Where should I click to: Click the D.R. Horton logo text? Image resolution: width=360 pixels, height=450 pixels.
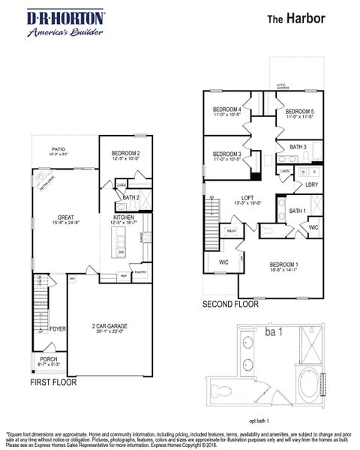coord(55,16)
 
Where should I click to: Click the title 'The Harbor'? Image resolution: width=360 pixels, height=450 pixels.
coord(296,19)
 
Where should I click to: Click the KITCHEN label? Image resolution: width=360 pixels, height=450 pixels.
coord(123,218)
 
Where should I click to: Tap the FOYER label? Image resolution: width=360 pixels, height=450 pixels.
coord(58,329)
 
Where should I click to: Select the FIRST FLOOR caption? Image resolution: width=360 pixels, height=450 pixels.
coord(53,382)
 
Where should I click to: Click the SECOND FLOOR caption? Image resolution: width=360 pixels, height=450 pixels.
coord(230,304)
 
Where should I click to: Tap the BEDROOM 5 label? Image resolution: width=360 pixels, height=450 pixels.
coord(298,111)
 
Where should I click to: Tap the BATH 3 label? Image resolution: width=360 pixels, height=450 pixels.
coord(298,147)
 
